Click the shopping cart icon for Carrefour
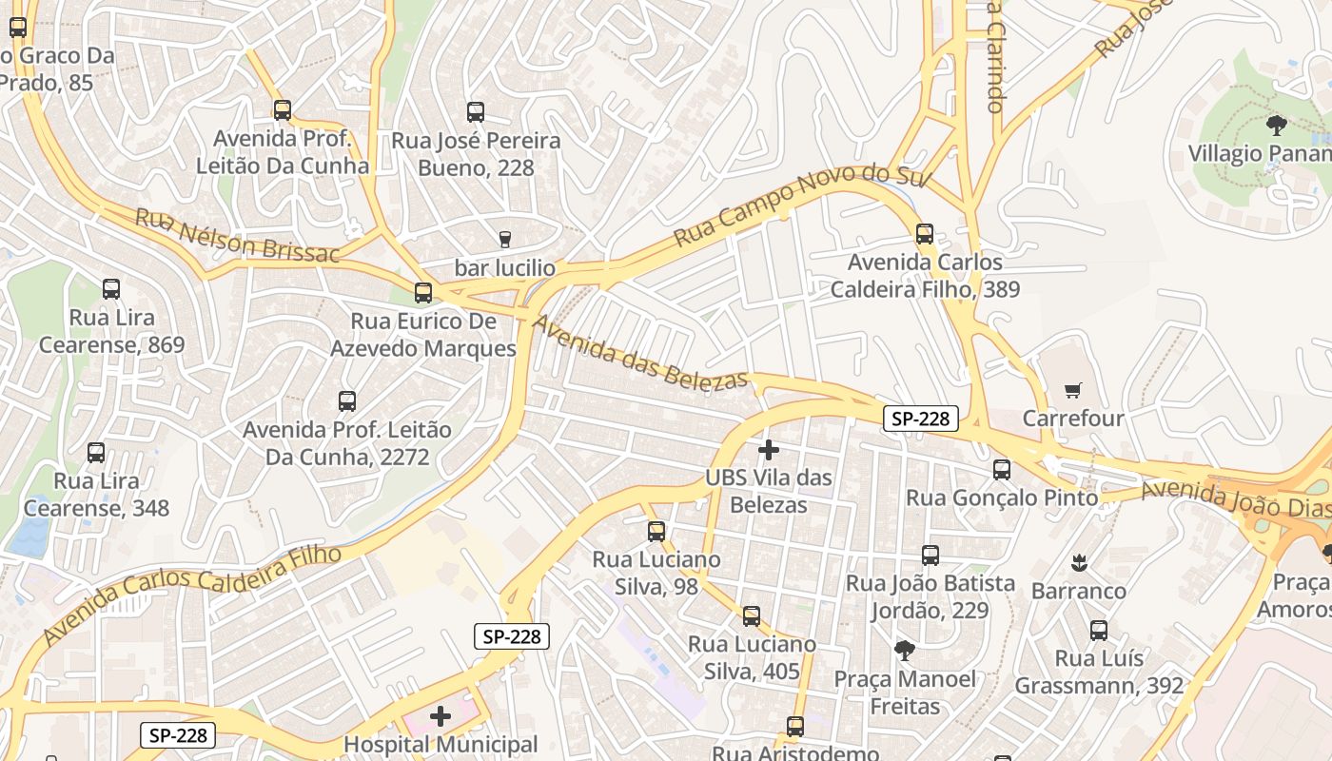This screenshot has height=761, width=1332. pos(1073,390)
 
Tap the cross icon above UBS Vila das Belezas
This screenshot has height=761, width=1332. pos(769,449)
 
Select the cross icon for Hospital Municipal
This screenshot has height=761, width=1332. pos(441,715)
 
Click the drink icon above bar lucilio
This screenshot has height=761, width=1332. pos(504,239)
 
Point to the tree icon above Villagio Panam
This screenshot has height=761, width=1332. pos(1277,125)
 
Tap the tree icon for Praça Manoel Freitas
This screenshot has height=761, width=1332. pos(905,651)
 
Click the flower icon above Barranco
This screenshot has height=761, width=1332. pos(1079,562)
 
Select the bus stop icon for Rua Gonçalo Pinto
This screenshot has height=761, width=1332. pos(1002,469)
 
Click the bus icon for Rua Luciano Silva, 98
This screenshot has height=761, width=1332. pos(656,531)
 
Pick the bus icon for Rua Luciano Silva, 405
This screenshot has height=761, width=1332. pos(752,616)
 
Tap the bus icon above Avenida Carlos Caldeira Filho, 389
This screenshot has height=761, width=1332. pos(924,233)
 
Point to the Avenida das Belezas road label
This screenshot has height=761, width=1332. pos(640,353)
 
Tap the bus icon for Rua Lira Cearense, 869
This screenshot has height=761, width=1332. pos(111,288)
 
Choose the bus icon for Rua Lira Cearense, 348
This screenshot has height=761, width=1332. pos(96,452)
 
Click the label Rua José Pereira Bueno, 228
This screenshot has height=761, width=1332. pos(477,154)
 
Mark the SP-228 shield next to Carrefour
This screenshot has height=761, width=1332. pos(920,419)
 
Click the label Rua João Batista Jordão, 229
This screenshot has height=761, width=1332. pos(930,596)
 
